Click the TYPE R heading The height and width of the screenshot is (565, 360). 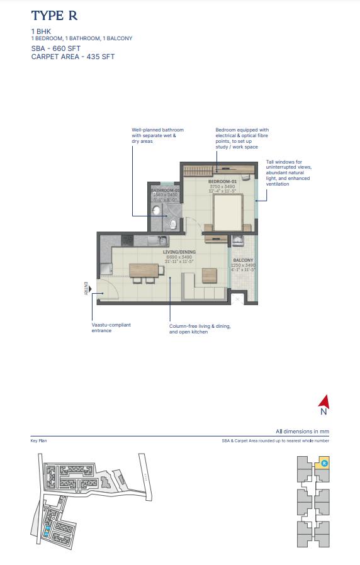point(54,16)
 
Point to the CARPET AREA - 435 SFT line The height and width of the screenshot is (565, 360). point(73,57)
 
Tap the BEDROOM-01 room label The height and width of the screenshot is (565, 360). point(221,181)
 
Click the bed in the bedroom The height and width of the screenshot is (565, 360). point(228,213)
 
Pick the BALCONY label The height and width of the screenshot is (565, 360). point(243,260)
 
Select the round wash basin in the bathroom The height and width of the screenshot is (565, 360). point(156,211)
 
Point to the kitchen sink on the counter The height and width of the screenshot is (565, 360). point(160,240)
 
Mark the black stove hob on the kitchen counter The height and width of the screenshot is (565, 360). point(127,240)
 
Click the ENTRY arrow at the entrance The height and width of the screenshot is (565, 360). point(90,289)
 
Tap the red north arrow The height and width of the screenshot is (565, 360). point(323,401)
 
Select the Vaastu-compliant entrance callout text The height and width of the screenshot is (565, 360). point(111,328)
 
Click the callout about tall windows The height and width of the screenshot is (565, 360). point(288,172)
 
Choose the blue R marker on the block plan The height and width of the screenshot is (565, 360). point(323,463)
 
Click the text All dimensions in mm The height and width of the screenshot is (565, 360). point(302,432)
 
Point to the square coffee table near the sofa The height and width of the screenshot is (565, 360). point(209,276)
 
